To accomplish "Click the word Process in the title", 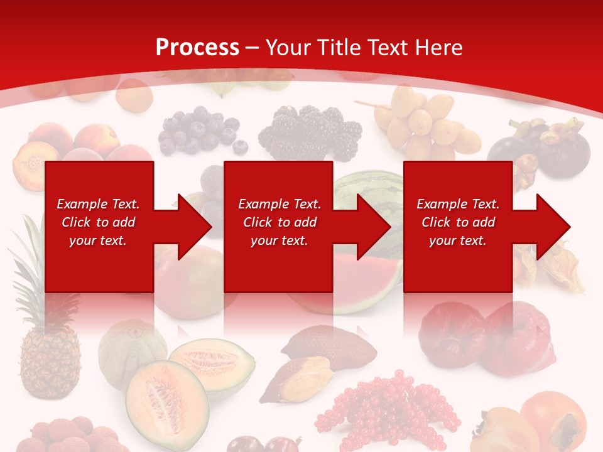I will (x=197, y=48).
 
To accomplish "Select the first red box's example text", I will (x=98, y=222).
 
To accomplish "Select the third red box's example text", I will (x=458, y=222).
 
